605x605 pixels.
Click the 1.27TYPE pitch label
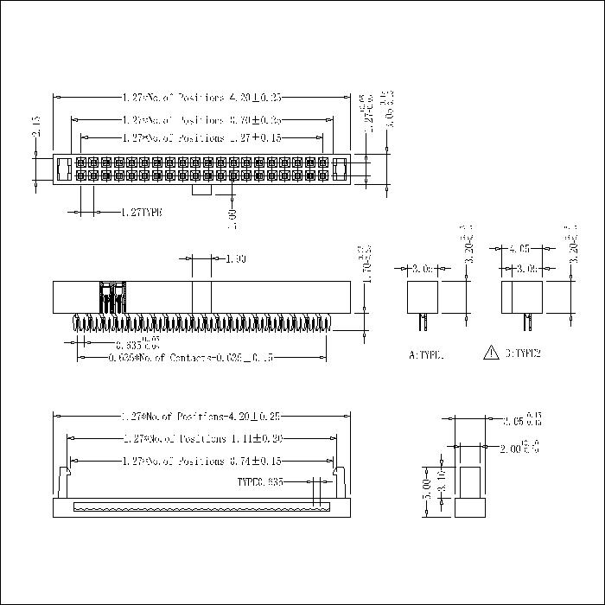coord(141,212)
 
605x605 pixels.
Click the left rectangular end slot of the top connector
coord(63,169)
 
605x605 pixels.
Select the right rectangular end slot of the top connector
coord(339,169)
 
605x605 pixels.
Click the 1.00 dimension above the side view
coord(235,258)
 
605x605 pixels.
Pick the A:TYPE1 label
coord(425,354)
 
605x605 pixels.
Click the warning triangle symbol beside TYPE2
coord(491,353)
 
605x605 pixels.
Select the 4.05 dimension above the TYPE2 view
coord(519,247)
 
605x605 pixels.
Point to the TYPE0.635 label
coord(259,481)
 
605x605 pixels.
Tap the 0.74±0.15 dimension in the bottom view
coord(259,461)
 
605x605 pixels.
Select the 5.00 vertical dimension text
coord(427,489)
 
